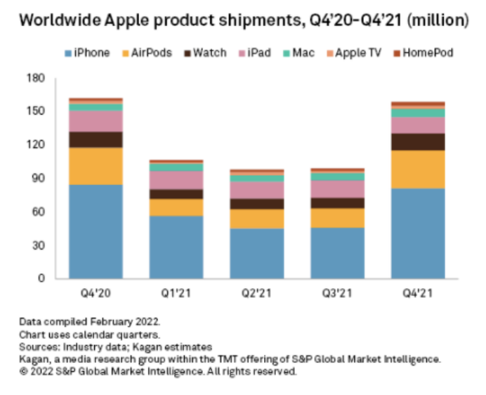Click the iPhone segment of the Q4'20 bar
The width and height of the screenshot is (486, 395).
(x=96, y=231)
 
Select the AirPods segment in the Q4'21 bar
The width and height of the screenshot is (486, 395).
(x=419, y=169)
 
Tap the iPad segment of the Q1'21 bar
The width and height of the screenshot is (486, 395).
(x=176, y=180)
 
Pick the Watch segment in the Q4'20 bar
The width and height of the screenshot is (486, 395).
(x=96, y=139)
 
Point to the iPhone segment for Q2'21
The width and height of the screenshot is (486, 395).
(x=257, y=253)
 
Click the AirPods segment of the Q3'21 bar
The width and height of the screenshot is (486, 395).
(x=338, y=218)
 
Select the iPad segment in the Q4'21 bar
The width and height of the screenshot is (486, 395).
(x=419, y=125)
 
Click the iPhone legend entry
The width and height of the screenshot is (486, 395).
(x=87, y=53)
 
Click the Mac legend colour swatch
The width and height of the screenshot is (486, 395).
(x=287, y=53)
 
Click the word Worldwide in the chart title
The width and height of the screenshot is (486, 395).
(x=58, y=20)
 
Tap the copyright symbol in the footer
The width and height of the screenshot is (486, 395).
(x=23, y=372)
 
